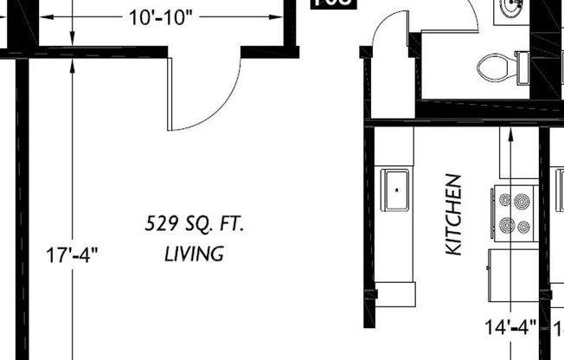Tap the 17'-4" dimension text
pos(72,255)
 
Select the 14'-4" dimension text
pos(510,327)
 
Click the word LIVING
pos(194,254)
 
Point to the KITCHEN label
pos(454,215)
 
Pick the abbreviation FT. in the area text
pos(232,225)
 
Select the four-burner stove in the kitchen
pos(515,213)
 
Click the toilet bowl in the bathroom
pos(495,65)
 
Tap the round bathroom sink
pos(510,9)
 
